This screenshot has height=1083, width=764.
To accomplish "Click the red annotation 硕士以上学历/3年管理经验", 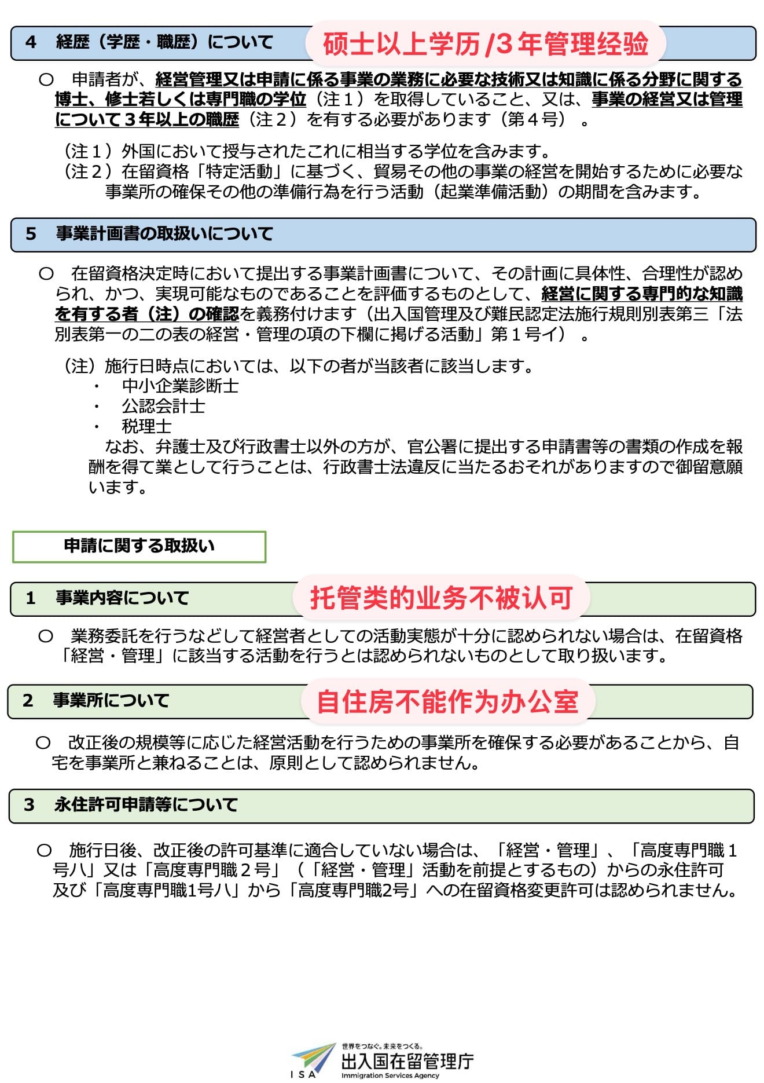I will (x=485, y=44).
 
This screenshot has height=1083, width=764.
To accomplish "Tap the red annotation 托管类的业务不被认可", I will (x=441, y=598).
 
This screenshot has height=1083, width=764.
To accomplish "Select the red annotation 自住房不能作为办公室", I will (x=447, y=701).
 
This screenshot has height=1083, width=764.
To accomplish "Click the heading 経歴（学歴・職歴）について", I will (x=164, y=42).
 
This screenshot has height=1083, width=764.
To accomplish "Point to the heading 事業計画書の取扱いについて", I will (x=164, y=234).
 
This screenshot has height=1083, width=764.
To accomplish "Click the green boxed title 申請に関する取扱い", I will (x=139, y=546).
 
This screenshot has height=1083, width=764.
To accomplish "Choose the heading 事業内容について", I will (x=122, y=598).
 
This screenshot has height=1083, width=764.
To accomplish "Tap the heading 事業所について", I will (x=111, y=700).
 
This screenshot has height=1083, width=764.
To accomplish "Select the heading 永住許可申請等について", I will (x=146, y=804).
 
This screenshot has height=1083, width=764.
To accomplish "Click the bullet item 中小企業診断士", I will (x=180, y=386).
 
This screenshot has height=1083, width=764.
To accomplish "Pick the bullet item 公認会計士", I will (x=163, y=406).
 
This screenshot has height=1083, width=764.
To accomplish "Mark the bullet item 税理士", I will (x=146, y=426).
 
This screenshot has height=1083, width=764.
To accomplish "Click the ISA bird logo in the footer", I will (x=313, y=1059).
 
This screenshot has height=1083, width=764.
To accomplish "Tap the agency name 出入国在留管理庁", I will (x=407, y=1061).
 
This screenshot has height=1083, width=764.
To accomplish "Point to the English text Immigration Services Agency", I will (x=390, y=1075).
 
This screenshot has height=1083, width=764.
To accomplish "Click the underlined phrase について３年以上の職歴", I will (x=146, y=119).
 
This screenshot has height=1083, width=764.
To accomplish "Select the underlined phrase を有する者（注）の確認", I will (x=146, y=314).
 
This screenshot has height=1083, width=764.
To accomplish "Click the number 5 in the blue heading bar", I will (x=31, y=234).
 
